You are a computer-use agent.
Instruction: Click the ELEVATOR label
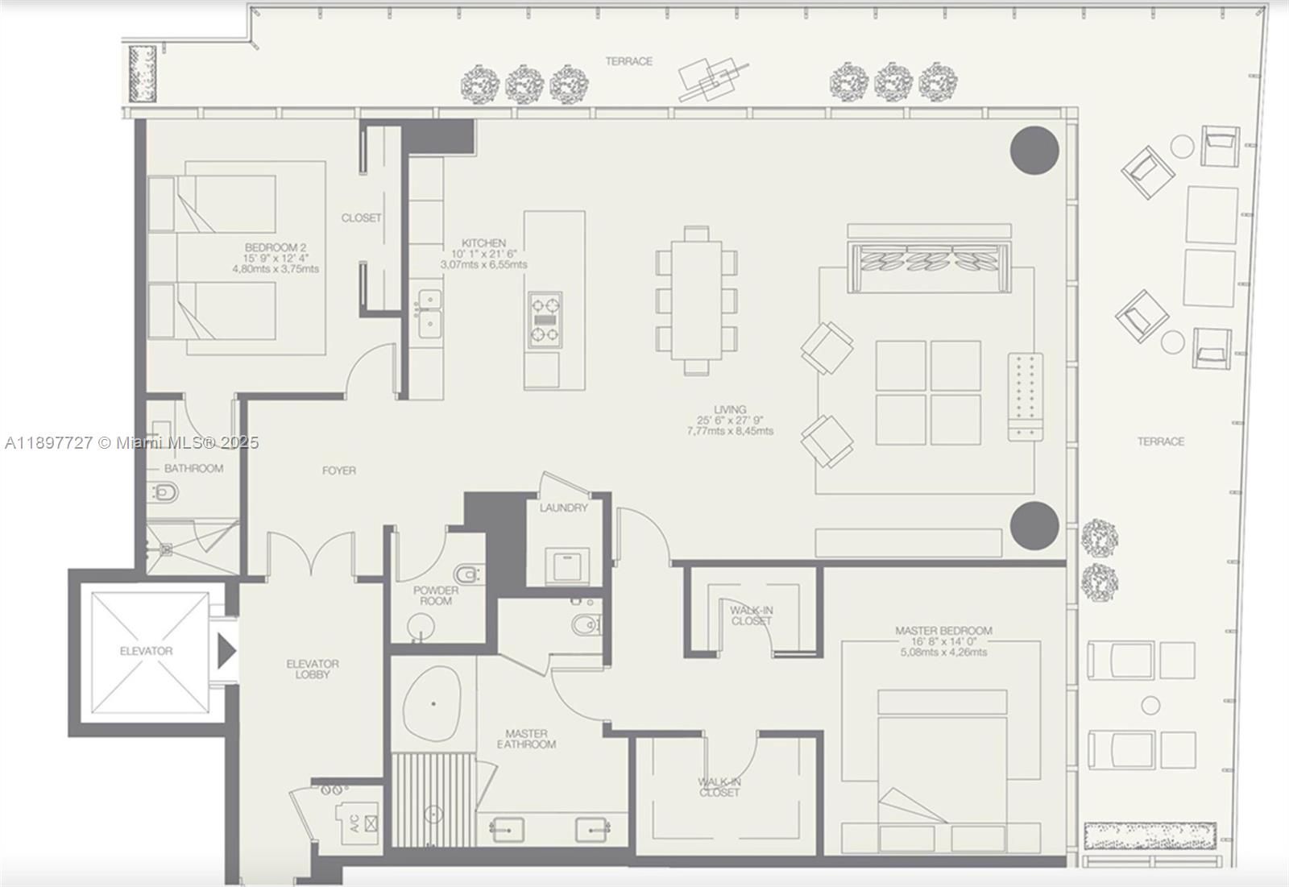tap(146, 651)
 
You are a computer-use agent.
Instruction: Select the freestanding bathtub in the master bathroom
tap(433, 704)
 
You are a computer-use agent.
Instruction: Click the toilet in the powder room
tap(466, 574)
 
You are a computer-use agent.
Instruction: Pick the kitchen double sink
tap(428, 314)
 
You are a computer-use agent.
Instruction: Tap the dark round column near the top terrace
tap(1034, 150)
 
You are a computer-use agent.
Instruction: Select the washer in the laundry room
tap(567, 566)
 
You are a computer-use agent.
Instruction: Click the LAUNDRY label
tap(564, 508)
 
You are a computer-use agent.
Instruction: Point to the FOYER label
tap(339, 470)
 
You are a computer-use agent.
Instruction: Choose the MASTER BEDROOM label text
tap(943, 631)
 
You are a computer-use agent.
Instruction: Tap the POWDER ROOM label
tap(436, 595)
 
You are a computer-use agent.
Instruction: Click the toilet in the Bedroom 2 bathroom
tap(164, 491)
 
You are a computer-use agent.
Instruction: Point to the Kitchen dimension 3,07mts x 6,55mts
tap(483, 264)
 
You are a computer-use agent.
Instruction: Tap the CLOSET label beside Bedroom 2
tap(361, 218)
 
